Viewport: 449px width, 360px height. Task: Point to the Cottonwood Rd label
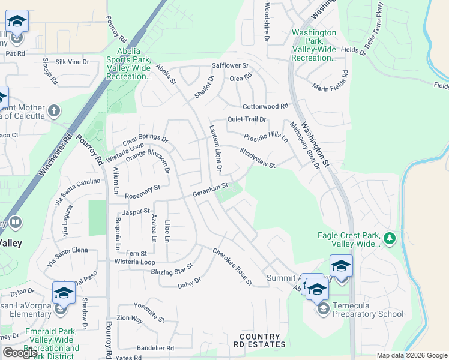(265, 106)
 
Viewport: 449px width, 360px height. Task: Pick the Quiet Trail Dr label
(246, 119)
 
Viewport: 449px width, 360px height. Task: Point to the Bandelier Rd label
(155, 347)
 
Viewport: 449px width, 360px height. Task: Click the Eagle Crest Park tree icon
(390, 239)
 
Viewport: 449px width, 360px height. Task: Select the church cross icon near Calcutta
(54, 110)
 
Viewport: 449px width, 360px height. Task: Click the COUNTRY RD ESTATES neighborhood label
(260, 340)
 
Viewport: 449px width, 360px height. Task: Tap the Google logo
(20, 353)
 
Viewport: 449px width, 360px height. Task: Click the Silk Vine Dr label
(73, 62)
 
